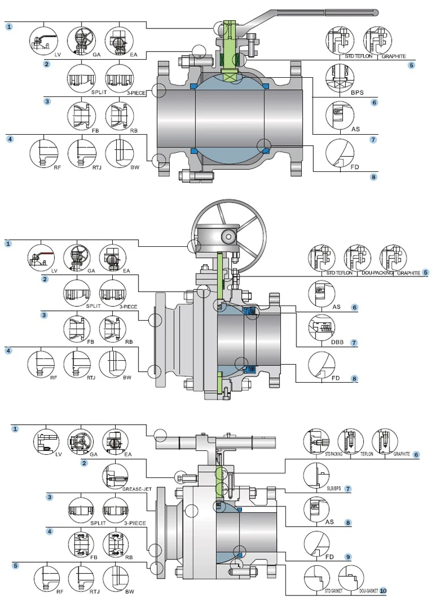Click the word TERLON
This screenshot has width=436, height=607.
coord(366,454)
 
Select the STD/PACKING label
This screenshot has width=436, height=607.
coord(321,454)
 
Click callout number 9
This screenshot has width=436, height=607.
coord(348,556)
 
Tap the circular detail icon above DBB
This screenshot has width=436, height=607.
coord(321,328)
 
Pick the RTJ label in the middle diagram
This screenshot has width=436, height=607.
coord(90,378)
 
